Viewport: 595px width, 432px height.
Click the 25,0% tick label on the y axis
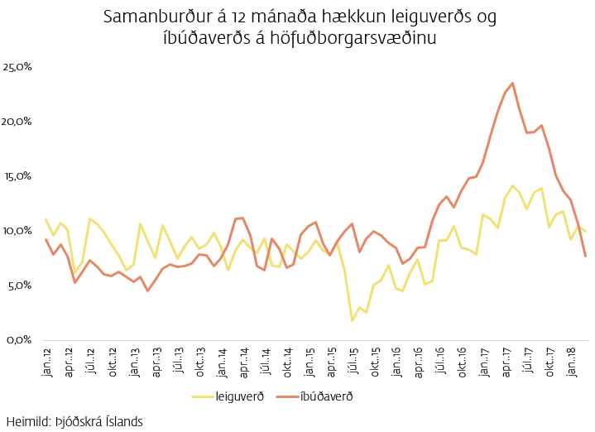tap(18, 66)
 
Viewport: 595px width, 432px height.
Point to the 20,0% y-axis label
tap(18, 121)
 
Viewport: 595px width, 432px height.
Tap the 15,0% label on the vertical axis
tap(18, 175)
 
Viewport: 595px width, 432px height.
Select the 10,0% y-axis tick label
tap(18, 230)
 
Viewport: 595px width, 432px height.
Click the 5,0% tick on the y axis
tap(20, 285)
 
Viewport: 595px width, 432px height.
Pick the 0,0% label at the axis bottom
tap(20, 339)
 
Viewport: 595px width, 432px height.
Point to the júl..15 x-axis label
tap(353, 362)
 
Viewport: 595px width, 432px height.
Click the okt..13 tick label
tap(199, 362)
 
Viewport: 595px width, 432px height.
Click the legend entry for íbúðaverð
tap(327, 396)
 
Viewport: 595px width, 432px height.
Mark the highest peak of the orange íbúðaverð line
tap(513, 83)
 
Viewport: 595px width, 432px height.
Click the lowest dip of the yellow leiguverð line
tap(352, 320)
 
